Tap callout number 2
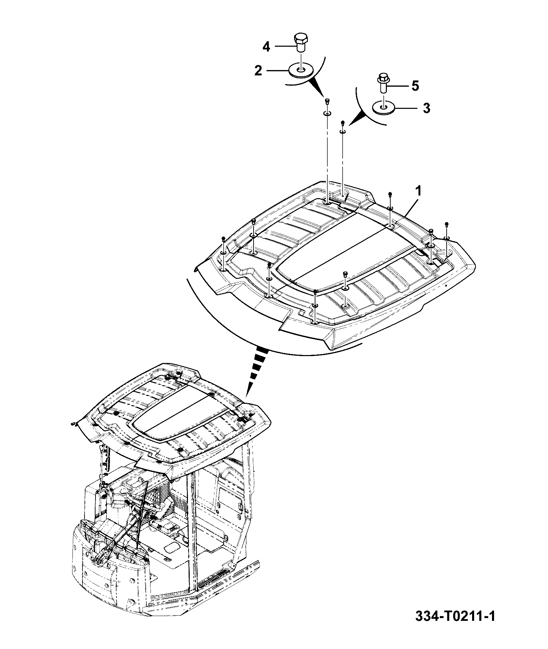click(258, 71)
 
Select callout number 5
click(415, 86)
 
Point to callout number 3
click(426, 108)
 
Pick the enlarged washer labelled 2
click(301, 71)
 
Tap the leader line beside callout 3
click(406, 108)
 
